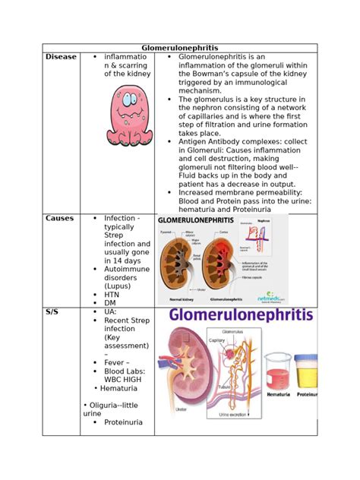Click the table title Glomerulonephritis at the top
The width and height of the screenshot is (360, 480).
180,47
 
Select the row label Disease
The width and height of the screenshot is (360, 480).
61,57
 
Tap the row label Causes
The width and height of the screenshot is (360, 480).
59,218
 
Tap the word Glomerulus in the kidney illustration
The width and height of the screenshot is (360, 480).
232,331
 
